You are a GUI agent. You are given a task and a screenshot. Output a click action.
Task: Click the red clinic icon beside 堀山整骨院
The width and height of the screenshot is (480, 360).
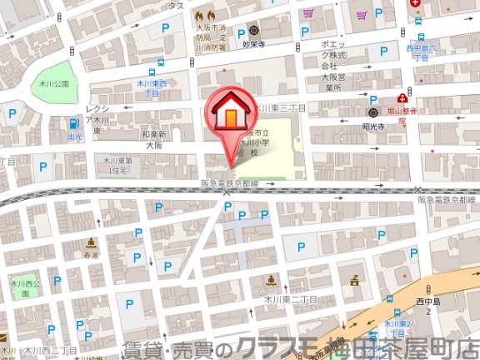402,97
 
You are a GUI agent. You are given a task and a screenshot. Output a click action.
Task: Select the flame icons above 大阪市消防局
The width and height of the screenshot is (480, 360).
205,16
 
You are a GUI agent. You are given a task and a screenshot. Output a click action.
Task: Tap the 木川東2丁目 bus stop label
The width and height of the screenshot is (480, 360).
398,327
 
